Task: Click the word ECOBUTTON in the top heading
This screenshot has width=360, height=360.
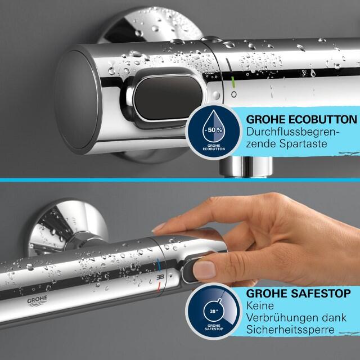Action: coord(322,120)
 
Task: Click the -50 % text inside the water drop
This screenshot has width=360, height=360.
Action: coord(214,130)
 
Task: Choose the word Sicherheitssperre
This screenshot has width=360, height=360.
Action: coord(290,330)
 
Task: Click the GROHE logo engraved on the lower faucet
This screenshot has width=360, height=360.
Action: coord(38,301)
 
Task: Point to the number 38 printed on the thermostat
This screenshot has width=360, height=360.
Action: coord(160,277)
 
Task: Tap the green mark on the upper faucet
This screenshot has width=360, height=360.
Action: coord(233,82)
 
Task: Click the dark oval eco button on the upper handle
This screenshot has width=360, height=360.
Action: coord(168,97)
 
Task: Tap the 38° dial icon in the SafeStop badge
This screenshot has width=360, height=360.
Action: coord(214,311)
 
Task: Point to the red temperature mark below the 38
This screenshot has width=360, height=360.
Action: coord(159,287)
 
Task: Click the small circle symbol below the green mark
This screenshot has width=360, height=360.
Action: coord(234,94)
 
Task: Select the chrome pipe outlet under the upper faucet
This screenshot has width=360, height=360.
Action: coord(246,166)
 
